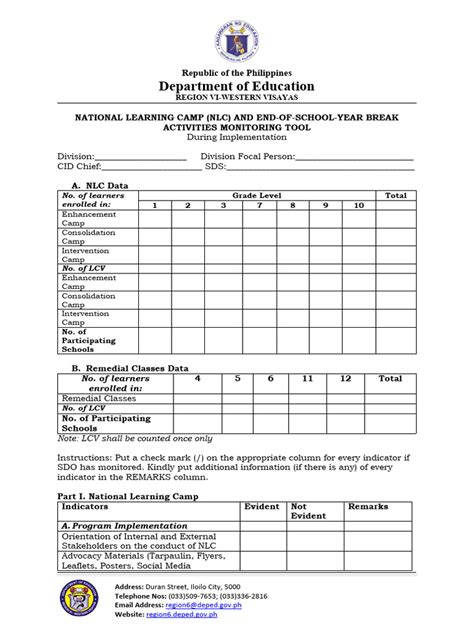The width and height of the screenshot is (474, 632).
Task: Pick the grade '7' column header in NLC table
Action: coord(258,205)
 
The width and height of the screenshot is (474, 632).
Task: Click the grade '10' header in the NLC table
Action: coord(358,205)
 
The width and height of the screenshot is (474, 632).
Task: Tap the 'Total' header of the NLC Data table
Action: coord(396,194)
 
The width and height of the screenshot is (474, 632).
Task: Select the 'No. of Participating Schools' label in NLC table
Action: coord(88,341)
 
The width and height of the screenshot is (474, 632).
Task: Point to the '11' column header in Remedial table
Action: coord(307,379)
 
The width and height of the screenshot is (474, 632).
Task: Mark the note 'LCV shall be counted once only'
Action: coord(134,438)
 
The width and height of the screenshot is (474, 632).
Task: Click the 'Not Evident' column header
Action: coord(309,511)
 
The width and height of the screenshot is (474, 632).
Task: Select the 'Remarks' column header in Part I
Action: coord(367,507)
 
